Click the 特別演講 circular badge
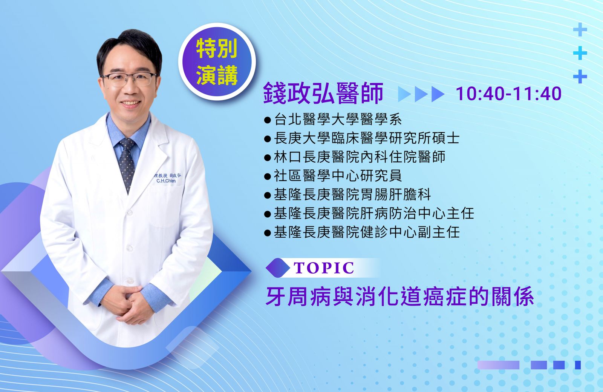click(x=217, y=62)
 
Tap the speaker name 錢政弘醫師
click(x=323, y=93)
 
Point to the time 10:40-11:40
click(x=508, y=94)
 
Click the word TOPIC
click(x=324, y=268)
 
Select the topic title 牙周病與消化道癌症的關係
click(x=400, y=296)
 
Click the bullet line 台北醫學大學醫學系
click(x=333, y=119)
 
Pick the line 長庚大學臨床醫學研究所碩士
click(x=362, y=138)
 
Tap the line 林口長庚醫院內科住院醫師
click(x=355, y=157)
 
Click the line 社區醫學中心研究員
click(x=333, y=176)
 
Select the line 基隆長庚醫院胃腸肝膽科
click(x=347, y=195)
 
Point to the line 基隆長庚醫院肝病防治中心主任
click(x=369, y=214)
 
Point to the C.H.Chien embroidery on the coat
click(x=166, y=181)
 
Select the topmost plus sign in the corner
click(x=580, y=29)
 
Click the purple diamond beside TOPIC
click(x=278, y=268)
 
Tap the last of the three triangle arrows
click(x=438, y=94)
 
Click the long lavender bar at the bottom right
click(x=498, y=365)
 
